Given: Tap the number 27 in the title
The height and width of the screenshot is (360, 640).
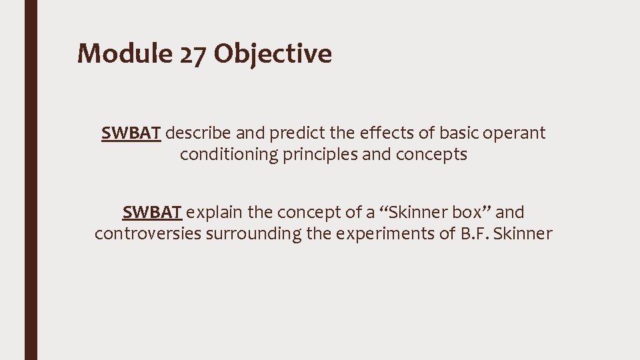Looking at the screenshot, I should pos(193,54).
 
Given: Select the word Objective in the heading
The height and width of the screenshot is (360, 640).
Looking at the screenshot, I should pos(273,54).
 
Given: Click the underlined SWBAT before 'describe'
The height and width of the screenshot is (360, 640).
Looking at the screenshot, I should pos(131,133).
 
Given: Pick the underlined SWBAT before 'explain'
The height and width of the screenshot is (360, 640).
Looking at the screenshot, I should pos(152,213).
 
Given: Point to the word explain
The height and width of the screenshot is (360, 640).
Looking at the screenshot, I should pos(215,213).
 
